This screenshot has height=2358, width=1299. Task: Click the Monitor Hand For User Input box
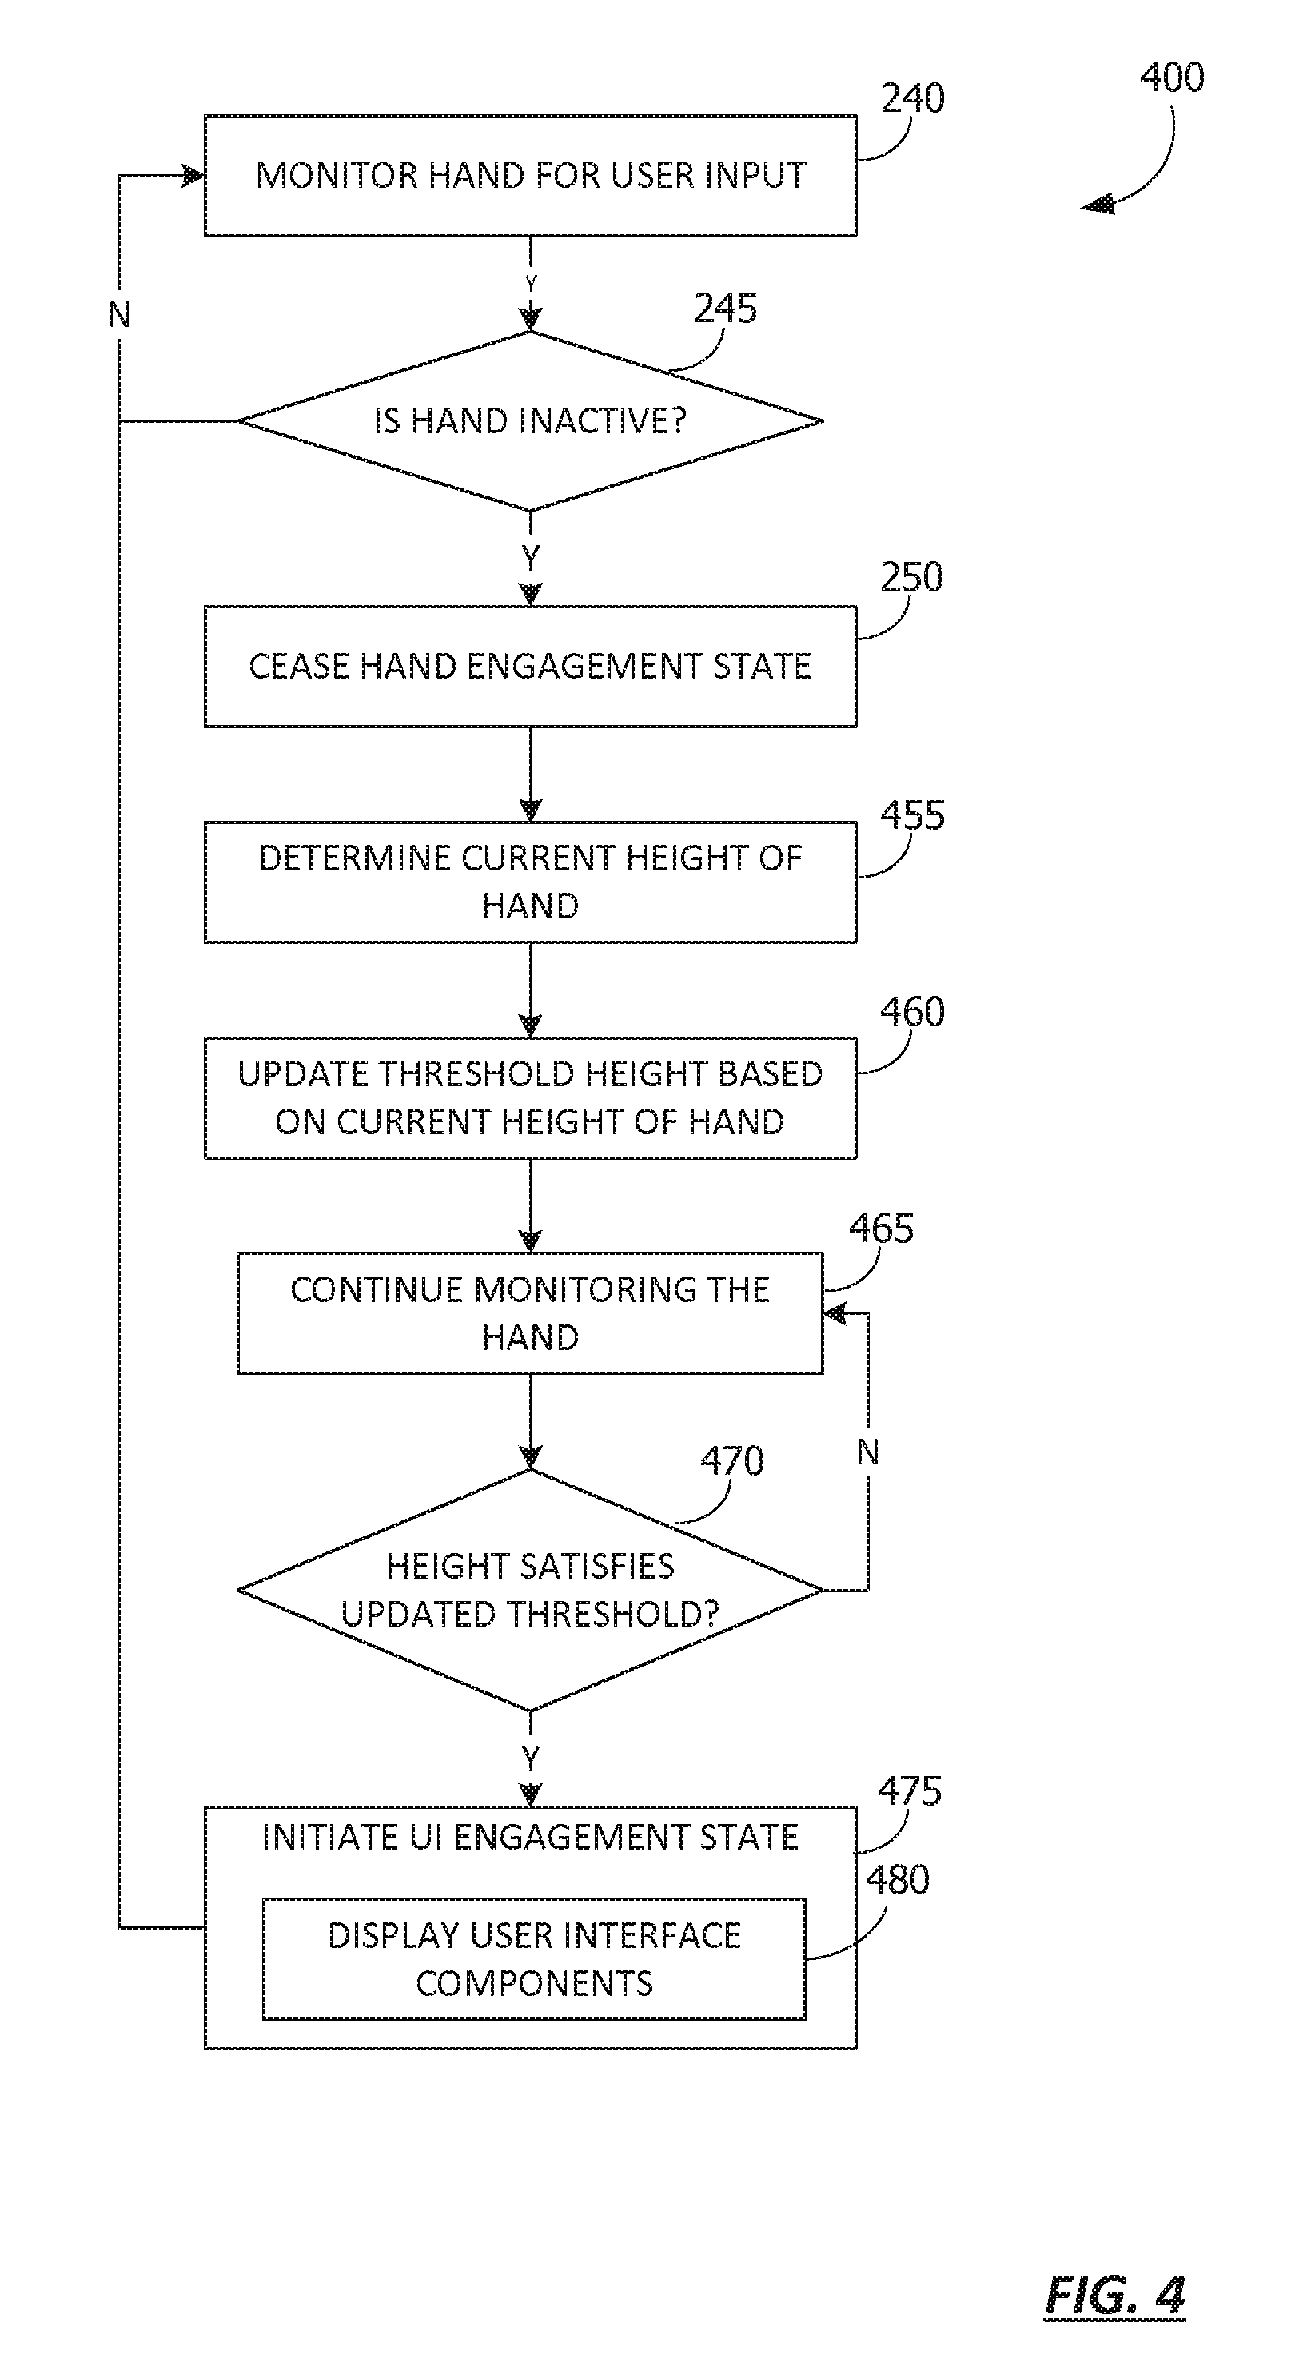530,176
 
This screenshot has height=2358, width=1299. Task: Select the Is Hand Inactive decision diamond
530,421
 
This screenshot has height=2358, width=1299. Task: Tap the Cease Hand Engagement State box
530,667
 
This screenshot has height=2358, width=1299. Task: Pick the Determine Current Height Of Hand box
530,882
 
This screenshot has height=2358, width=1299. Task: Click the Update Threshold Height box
530,1098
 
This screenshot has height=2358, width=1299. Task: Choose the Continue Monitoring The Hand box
530,1313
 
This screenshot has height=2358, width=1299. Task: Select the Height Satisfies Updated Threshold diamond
530,1590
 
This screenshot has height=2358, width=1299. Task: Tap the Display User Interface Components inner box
534,1959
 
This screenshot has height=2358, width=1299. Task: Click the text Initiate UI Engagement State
530,1837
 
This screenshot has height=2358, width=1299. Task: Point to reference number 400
1172,77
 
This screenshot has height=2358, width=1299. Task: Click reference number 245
725,309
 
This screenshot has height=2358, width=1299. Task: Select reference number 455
912,815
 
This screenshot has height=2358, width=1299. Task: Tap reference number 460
912,1011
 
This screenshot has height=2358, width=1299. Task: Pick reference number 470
732,1461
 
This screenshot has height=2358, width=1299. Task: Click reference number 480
897,1879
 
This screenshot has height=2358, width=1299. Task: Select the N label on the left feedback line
119,315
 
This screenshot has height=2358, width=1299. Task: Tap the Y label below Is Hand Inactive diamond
530,556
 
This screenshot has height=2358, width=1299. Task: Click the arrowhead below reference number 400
1098,204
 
